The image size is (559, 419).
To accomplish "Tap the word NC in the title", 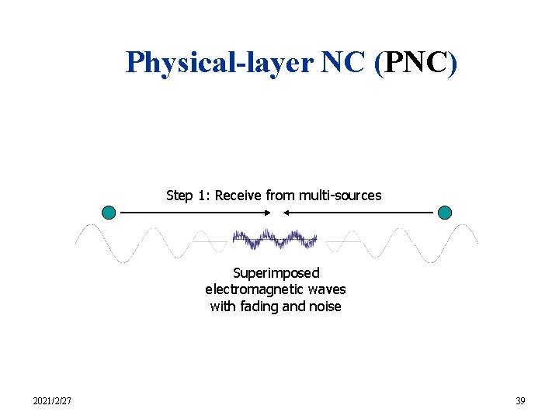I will coord(342,62).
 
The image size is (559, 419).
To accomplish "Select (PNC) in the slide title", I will coord(415,62).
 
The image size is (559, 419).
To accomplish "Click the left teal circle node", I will coord(109,212).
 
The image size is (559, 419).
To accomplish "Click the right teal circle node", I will coord(445,212).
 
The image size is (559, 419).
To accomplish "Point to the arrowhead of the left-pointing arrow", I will coord(286,212).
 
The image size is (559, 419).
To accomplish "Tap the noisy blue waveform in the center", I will coord(276,239).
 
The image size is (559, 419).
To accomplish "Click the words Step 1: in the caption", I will coord(188,196).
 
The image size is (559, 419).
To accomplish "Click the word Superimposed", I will coord(276,273).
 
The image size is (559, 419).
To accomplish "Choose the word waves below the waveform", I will coord(327,289).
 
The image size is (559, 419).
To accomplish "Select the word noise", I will coord(325,306).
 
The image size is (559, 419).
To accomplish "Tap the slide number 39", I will coord(520,401).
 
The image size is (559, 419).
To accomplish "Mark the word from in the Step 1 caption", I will coord(279,196).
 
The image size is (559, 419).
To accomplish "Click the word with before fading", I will coord(222,306).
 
